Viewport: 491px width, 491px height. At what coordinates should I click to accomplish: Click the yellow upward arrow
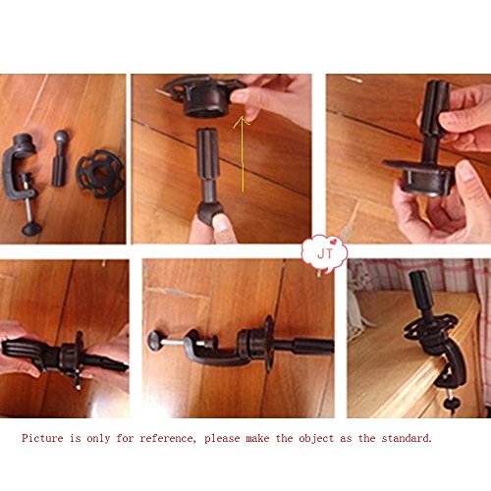coord(243,154)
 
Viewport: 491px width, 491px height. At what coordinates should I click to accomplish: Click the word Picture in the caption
coord(42,438)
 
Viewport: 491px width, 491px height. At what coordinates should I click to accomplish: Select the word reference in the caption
coord(167,438)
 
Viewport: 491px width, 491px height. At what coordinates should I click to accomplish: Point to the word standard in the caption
coord(407,438)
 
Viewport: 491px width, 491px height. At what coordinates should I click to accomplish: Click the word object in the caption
coord(316,439)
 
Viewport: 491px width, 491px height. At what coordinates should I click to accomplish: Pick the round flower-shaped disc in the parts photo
coord(100,174)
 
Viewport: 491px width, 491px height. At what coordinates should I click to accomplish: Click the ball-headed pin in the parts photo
coord(61,158)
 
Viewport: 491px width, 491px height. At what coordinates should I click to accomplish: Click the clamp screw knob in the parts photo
coord(31,228)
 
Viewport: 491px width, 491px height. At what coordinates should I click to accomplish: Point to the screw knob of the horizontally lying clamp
coord(153,341)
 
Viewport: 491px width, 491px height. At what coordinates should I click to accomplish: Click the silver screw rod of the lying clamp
coord(173,342)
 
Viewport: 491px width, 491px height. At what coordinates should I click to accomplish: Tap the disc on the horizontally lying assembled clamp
coord(269,343)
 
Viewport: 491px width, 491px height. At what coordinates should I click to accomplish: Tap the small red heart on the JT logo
coord(333,243)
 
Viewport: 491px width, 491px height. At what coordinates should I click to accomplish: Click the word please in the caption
coord(222,439)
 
